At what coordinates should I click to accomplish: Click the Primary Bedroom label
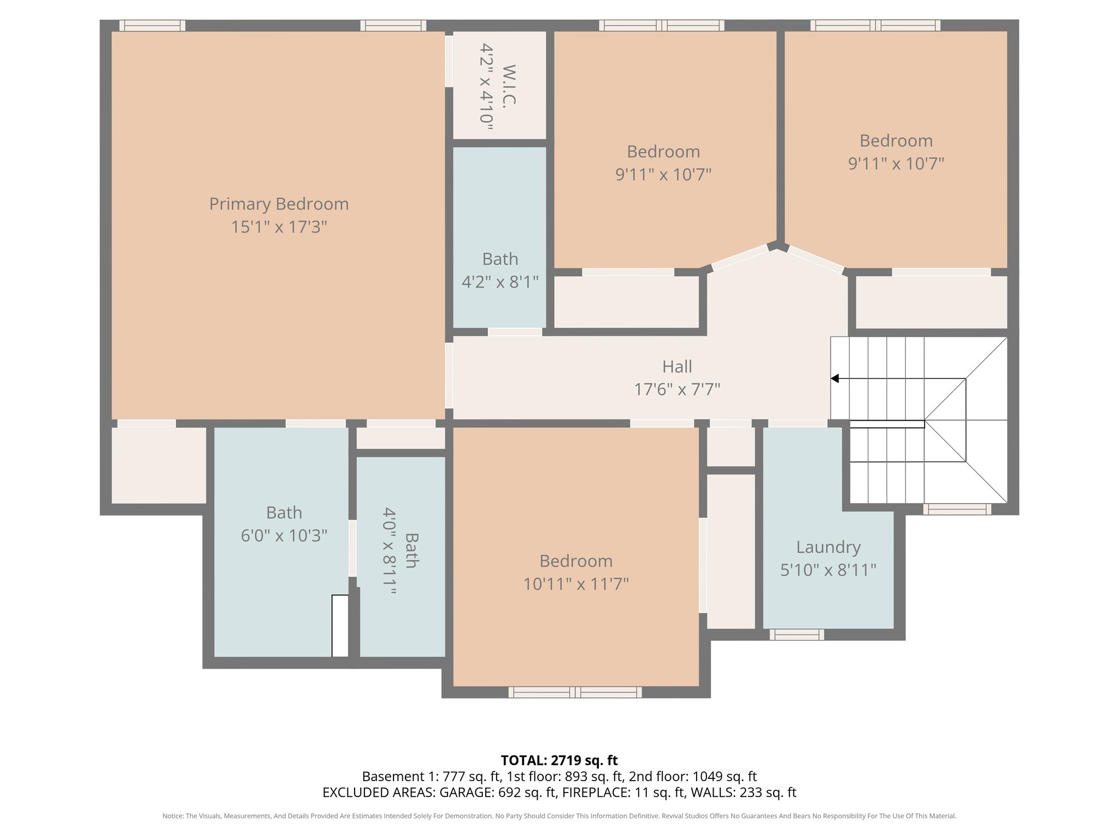tap(279, 204)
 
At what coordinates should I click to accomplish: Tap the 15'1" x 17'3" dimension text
tap(279, 227)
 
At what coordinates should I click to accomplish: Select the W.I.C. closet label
tap(509, 86)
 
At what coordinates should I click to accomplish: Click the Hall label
tap(677, 367)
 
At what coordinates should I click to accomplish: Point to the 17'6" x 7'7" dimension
tap(677, 389)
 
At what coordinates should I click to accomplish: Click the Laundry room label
tap(828, 547)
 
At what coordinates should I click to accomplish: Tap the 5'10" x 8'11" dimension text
tap(828, 570)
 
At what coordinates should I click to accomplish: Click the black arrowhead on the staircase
tap(835, 379)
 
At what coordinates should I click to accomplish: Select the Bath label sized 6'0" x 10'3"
tap(284, 512)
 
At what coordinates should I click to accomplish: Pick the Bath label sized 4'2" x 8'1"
tap(500, 259)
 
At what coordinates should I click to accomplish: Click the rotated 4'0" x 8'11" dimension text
tap(389, 551)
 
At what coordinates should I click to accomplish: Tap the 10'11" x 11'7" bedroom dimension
tap(576, 584)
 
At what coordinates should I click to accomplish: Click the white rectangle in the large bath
tap(340, 626)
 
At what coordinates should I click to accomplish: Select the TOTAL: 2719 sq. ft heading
tap(559, 760)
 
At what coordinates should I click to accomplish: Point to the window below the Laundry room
tap(797, 635)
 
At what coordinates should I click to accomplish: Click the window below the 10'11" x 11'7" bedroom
tap(575, 693)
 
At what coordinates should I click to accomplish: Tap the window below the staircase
tap(957, 509)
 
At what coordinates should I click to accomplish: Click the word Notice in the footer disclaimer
tap(172, 816)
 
